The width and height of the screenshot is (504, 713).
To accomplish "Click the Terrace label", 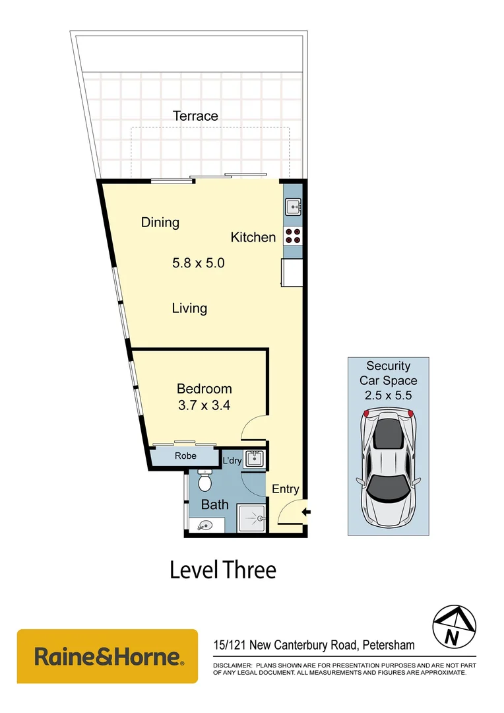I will click(195, 116).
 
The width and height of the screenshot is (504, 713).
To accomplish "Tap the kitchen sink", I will click(293, 207).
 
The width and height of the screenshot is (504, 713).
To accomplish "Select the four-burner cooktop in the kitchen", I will click(293, 236).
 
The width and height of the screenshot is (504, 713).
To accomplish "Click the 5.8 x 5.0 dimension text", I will click(199, 263).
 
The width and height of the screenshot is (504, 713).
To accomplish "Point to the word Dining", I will click(160, 222).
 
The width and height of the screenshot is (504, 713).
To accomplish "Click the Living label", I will click(189, 308).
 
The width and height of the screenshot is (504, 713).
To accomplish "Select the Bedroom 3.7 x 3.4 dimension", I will click(204, 406).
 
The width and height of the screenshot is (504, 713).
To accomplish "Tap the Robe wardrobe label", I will click(185, 456).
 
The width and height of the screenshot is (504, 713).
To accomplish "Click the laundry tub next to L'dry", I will click(253, 459).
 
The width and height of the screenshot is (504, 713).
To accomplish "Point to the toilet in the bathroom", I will click(205, 482).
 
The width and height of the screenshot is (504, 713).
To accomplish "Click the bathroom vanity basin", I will click(205, 525).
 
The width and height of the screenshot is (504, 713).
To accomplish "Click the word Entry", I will click(286, 489).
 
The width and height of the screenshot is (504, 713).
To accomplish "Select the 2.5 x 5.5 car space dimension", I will click(388, 395).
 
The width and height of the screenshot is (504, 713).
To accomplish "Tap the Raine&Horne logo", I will click(108, 656).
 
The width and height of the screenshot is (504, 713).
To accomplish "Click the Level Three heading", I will click(223, 569).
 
